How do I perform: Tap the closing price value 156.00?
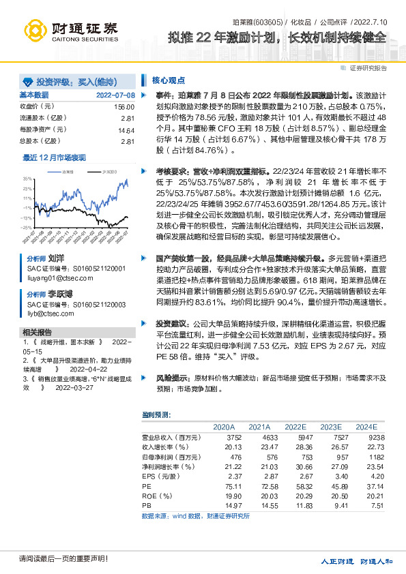pos(123,107)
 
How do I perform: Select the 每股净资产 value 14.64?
pos(126,130)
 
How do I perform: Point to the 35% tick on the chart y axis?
pos(27,179)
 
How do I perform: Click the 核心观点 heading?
pos(167,79)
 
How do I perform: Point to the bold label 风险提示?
pos(174,376)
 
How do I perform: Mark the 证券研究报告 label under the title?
pos(368,68)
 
